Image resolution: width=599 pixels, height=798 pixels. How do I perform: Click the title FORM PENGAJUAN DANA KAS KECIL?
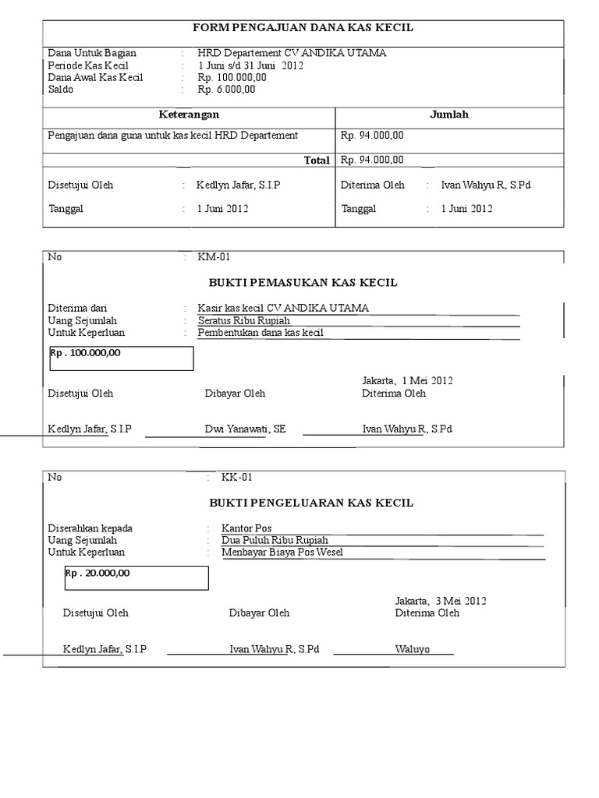303,28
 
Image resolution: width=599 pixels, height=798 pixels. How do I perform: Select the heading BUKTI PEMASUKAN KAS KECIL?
303,282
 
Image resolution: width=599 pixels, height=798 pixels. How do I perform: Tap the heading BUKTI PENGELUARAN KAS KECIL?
311,503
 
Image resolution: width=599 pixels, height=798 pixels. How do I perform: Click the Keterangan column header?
189,115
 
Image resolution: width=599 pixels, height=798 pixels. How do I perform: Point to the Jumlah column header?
449,115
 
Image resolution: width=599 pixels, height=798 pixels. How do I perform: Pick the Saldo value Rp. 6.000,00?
226,90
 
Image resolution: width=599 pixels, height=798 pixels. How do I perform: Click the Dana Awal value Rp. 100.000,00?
232,78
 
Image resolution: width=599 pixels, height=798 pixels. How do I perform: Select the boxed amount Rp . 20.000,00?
97,573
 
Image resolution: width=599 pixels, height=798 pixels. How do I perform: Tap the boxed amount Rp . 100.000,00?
86,353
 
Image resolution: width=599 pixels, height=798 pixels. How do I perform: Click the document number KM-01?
214,257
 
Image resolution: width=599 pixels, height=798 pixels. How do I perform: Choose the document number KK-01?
236,478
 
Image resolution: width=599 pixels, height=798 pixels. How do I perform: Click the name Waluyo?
413,650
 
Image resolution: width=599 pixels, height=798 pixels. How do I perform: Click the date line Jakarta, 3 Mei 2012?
441,601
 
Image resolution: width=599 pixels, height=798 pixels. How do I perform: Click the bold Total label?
317,160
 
